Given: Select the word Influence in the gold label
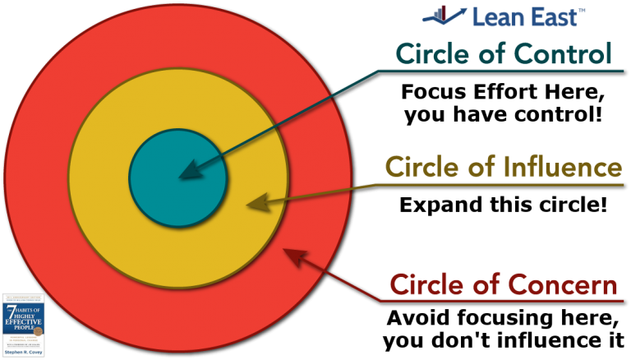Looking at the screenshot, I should click(x=561, y=168).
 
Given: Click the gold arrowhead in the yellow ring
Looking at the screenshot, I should click(x=256, y=201).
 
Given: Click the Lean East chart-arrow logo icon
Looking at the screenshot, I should click(x=443, y=14).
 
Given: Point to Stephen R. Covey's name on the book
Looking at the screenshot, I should click(x=22, y=353).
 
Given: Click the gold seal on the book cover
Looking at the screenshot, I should click(x=38, y=330).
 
